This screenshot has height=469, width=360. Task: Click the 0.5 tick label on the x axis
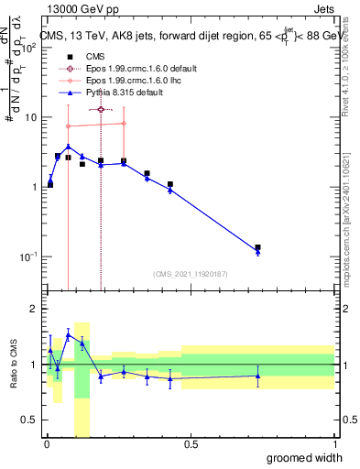pos(191,444)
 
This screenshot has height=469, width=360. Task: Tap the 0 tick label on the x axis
pos(47,444)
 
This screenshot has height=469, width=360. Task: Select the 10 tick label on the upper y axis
pos(29,117)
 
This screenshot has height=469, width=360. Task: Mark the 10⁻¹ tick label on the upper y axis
pos(27,256)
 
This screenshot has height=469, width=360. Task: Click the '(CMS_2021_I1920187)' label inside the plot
pos(191,274)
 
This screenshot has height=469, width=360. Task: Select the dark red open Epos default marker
pos(101,109)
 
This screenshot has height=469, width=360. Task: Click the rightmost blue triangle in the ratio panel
pos(258,376)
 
